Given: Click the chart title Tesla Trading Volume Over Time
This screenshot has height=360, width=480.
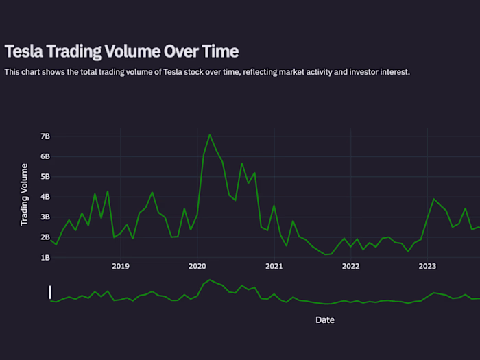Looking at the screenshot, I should (x=121, y=51).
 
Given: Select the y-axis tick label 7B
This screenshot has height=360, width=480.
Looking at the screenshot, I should (x=45, y=136).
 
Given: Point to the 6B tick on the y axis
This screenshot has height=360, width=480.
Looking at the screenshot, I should (x=45, y=156).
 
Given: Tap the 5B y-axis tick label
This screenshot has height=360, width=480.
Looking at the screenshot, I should (x=45, y=177).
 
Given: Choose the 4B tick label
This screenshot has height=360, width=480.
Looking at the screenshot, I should (x=45, y=197).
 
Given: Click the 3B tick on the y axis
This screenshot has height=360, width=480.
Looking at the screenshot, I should (x=45, y=217).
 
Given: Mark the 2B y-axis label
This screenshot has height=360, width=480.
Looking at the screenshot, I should (x=45, y=237).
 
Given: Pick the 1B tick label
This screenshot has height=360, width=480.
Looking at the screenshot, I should (x=45, y=258).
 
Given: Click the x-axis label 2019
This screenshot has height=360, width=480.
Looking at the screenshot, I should (x=121, y=266).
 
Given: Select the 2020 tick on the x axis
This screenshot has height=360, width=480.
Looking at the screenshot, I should (x=197, y=266).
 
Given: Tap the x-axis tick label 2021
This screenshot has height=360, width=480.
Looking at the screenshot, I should (x=274, y=266).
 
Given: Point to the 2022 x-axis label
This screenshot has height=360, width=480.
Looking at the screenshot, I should (x=351, y=266).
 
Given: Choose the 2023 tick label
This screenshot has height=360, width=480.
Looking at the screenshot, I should (x=428, y=266).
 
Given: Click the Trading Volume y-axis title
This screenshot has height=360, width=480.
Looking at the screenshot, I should (x=25, y=194).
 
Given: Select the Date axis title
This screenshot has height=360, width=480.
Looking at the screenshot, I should (x=325, y=320).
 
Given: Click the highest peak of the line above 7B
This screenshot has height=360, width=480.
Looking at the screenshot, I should (x=210, y=135).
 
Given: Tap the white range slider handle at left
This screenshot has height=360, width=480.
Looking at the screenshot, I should (x=50, y=292).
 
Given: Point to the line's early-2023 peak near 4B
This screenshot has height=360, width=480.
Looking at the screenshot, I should (x=433, y=199).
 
